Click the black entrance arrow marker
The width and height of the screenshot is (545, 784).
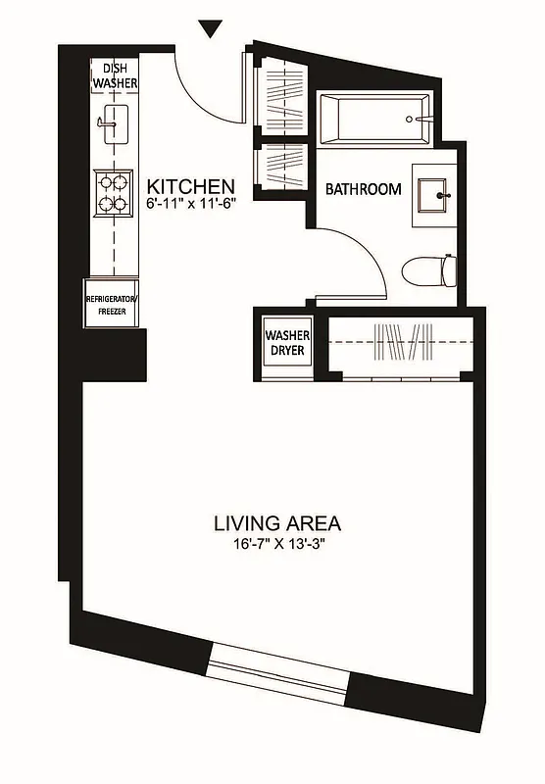click(x=210, y=28)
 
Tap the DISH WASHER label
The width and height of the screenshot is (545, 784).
click(x=116, y=75)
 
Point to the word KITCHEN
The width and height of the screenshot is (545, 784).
click(x=190, y=186)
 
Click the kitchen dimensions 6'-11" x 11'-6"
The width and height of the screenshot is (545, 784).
click(x=191, y=205)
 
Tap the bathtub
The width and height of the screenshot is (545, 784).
click(x=373, y=120)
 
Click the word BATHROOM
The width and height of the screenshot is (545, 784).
click(x=363, y=189)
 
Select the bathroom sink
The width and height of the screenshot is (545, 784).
click(x=432, y=195)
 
